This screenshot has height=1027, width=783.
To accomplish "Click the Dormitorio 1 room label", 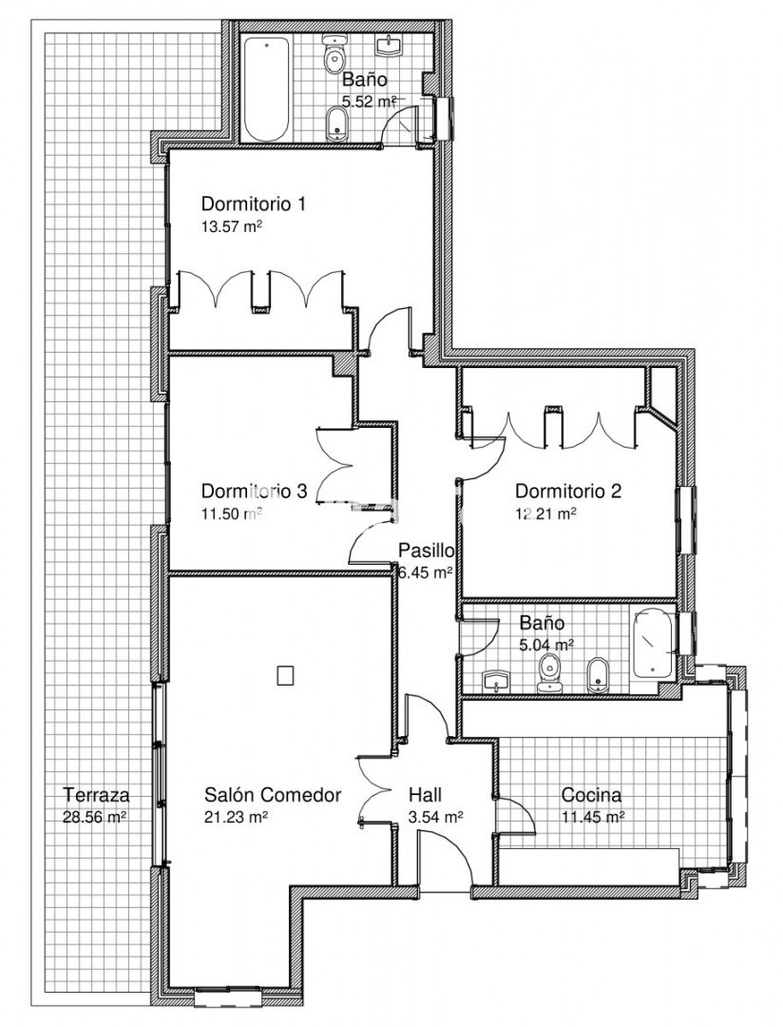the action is (254, 203).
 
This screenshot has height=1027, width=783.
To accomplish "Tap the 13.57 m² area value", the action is (232, 227).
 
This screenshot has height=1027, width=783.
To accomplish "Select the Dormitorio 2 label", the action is (567, 491).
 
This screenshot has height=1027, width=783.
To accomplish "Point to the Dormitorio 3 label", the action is (254, 491).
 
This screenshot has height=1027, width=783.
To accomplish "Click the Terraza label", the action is (96, 795).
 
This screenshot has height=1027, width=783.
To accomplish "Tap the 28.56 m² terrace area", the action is (94, 818).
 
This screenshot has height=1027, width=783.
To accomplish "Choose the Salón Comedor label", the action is (273, 795).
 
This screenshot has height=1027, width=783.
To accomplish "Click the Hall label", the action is (425, 795).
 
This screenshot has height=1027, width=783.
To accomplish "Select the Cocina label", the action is (592, 795).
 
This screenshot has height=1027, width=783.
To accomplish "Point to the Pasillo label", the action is (427, 550).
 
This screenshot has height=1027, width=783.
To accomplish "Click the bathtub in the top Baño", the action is (266, 88).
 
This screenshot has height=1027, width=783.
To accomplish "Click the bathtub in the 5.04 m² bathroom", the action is (654, 643).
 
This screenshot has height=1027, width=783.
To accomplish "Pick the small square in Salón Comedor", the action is (285, 675).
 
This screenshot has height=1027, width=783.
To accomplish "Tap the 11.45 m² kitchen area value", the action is (593, 818).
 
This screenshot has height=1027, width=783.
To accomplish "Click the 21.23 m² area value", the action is (237, 818).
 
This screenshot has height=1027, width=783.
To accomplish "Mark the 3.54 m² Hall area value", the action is (436, 818).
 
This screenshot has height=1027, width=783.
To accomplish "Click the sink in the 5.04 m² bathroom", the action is (498, 681).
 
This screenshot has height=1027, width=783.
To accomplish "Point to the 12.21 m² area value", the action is (546, 513).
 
